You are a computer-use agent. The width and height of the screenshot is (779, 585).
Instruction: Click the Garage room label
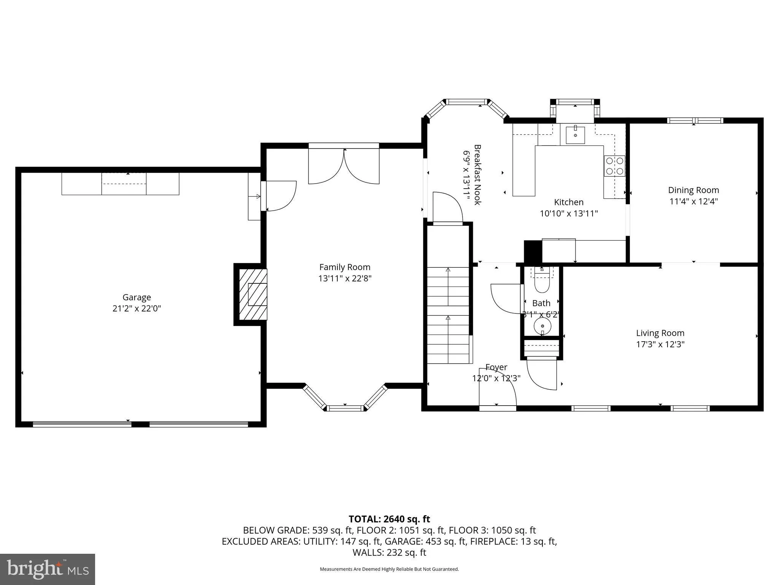pyautogui.click(x=137, y=297)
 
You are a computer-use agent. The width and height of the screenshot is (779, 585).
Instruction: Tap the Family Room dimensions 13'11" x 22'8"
pyautogui.click(x=345, y=278)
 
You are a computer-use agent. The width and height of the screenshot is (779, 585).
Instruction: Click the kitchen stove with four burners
pyautogui.click(x=614, y=166)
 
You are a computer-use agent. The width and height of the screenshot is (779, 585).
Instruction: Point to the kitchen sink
pyautogui.click(x=575, y=135)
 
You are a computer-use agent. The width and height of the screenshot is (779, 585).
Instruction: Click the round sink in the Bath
pyautogui.click(x=542, y=326)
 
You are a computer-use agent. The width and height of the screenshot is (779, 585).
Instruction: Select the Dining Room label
pyautogui.click(x=693, y=190)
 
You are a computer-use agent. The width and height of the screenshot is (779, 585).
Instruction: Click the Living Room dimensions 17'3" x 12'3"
pyautogui.click(x=660, y=344)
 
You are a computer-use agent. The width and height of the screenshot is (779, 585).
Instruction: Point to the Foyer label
pyautogui.click(x=496, y=367)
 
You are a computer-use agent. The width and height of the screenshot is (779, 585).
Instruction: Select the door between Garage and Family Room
pyautogui.click(x=280, y=196)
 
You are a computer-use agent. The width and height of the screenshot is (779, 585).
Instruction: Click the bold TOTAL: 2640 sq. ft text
pyautogui.click(x=389, y=519)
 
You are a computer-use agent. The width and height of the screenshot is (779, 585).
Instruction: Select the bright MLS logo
pyautogui.click(x=48, y=569)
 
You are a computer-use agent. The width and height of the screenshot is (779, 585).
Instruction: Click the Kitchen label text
pyautogui.click(x=569, y=202)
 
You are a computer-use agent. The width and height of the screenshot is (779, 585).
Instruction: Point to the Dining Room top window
pyautogui.click(x=695, y=120)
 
